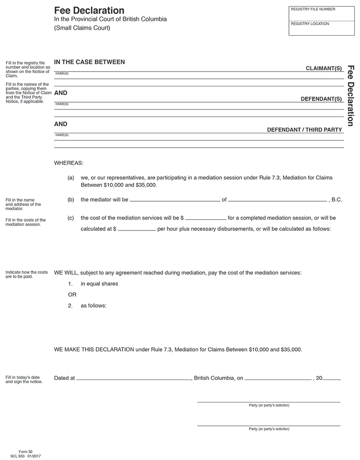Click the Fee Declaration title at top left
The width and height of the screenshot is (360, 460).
pos(89,10)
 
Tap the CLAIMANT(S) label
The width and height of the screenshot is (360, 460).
pos(324,68)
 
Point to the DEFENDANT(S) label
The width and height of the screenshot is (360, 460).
pos(321,99)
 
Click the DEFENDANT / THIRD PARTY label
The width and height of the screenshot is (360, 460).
pos(305,130)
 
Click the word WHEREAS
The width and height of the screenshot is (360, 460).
pos(69,162)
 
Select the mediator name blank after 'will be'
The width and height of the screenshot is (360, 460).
pos(175,200)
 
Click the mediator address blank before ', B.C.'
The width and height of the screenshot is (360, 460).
pos(277,200)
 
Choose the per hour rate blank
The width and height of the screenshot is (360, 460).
pos(137,230)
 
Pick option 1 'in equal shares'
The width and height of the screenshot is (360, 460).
pos(99,284)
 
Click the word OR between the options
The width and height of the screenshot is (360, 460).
pos(72,295)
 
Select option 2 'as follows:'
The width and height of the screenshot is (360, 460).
pos(93,306)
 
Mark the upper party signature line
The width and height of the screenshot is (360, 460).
pos(269,401)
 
